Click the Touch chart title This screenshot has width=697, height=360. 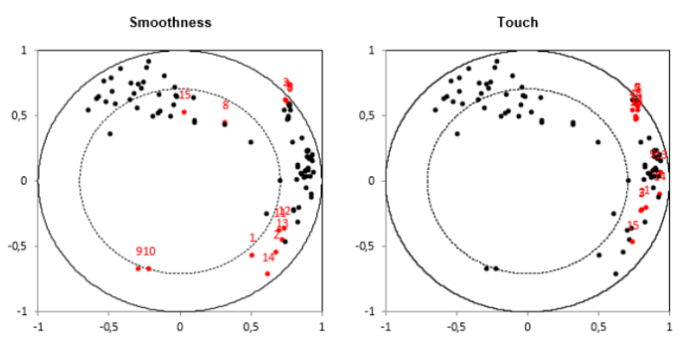(x=527, y=22)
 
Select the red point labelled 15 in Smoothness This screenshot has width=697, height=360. (x=185, y=112)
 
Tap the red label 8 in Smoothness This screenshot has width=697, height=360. (x=225, y=105)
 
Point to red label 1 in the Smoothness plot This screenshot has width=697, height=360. (x=252, y=238)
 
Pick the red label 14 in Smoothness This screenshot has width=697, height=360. (x=268, y=257)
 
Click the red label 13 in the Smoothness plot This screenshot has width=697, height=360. (x=282, y=224)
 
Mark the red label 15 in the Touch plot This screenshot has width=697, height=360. (x=633, y=226)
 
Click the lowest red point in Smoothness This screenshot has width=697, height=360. (x=267, y=274)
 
